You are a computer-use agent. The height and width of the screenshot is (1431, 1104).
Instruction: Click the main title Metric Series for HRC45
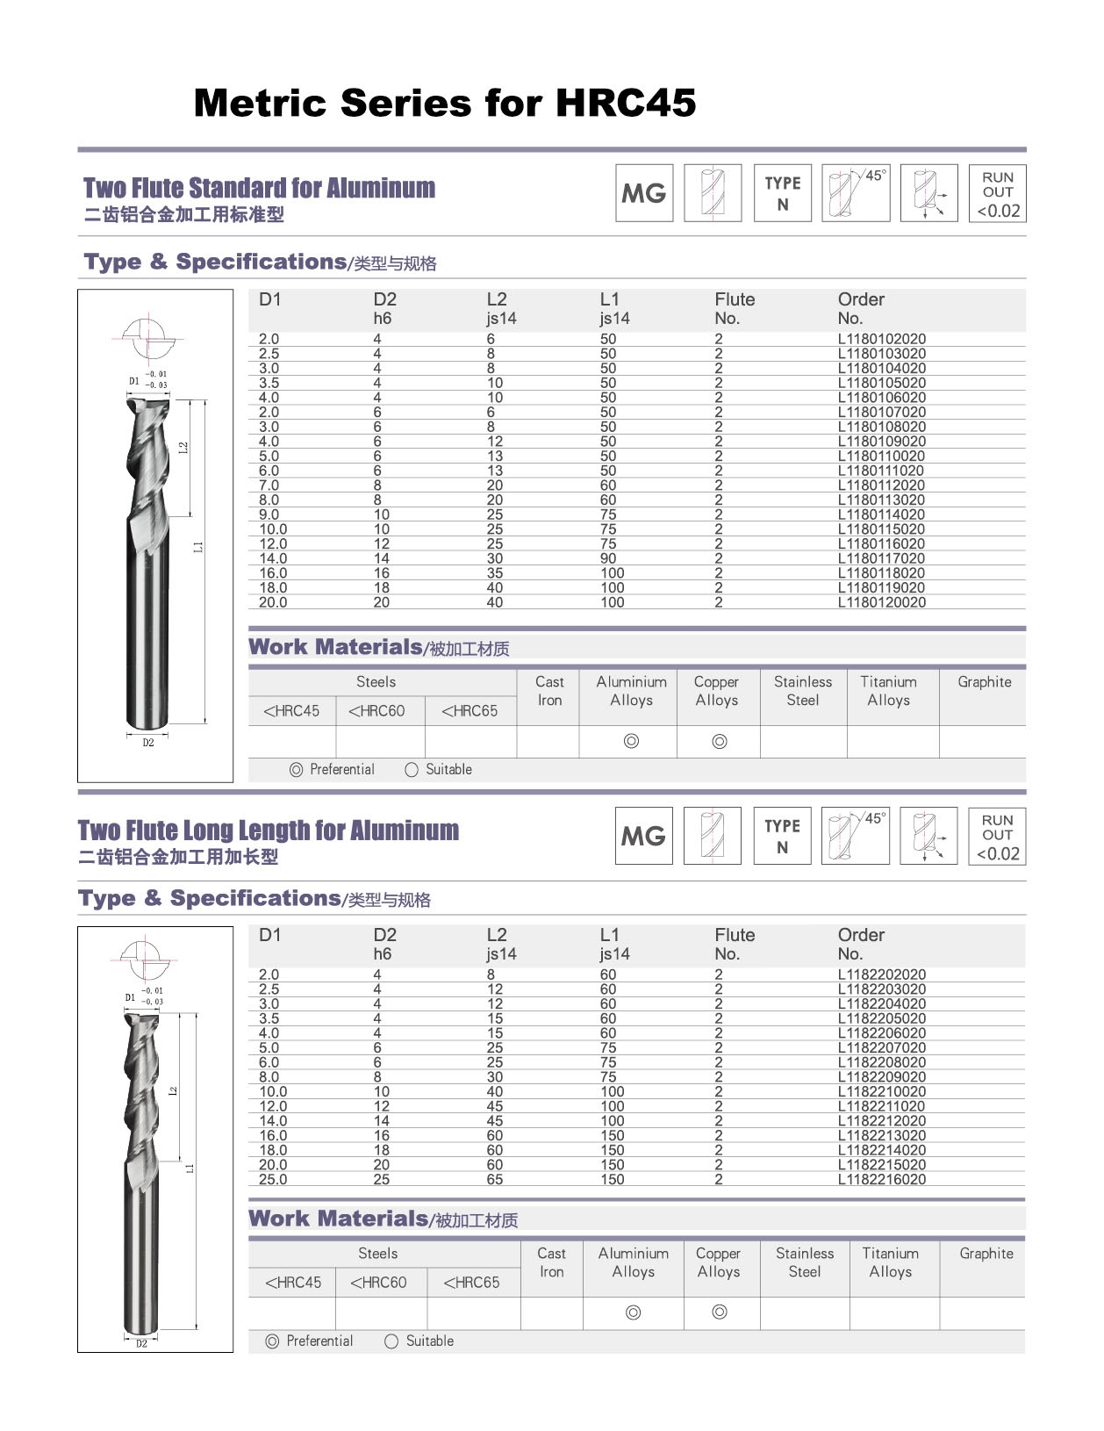click(x=444, y=103)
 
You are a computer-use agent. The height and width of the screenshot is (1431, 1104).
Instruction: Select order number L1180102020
click(x=881, y=339)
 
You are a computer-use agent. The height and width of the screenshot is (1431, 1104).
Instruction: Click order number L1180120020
click(x=881, y=602)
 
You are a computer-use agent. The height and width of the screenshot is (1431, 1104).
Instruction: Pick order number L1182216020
click(x=881, y=1179)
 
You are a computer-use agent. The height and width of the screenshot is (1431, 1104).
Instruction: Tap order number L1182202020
click(x=881, y=974)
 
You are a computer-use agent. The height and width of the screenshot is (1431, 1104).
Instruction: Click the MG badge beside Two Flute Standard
click(x=644, y=193)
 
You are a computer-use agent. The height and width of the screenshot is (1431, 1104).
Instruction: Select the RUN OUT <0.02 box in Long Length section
click(x=998, y=836)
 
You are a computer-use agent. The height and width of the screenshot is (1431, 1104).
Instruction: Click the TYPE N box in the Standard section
click(x=783, y=193)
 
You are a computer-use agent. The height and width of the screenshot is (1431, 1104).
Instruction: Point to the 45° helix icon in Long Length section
click(x=856, y=836)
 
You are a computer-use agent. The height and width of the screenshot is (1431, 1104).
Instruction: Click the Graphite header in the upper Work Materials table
click(x=984, y=682)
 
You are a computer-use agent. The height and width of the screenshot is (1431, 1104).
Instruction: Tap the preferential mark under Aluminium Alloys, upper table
click(x=631, y=741)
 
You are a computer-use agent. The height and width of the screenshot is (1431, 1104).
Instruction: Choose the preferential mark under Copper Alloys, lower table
click(x=720, y=1312)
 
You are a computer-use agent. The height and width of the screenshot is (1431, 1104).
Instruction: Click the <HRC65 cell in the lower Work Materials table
click(x=471, y=1283)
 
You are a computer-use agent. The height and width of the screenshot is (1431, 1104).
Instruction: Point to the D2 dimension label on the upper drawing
click(x=148, y=743)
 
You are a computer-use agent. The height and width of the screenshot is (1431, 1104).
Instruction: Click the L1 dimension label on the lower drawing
click(x=190, y=1169)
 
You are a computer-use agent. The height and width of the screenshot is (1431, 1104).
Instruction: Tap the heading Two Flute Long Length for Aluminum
click(x=269, y=831)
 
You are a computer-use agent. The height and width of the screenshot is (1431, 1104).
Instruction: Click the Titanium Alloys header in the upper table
click(x=888, y=691)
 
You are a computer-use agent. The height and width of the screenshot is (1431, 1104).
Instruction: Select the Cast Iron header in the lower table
click(x=551, y=1262)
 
